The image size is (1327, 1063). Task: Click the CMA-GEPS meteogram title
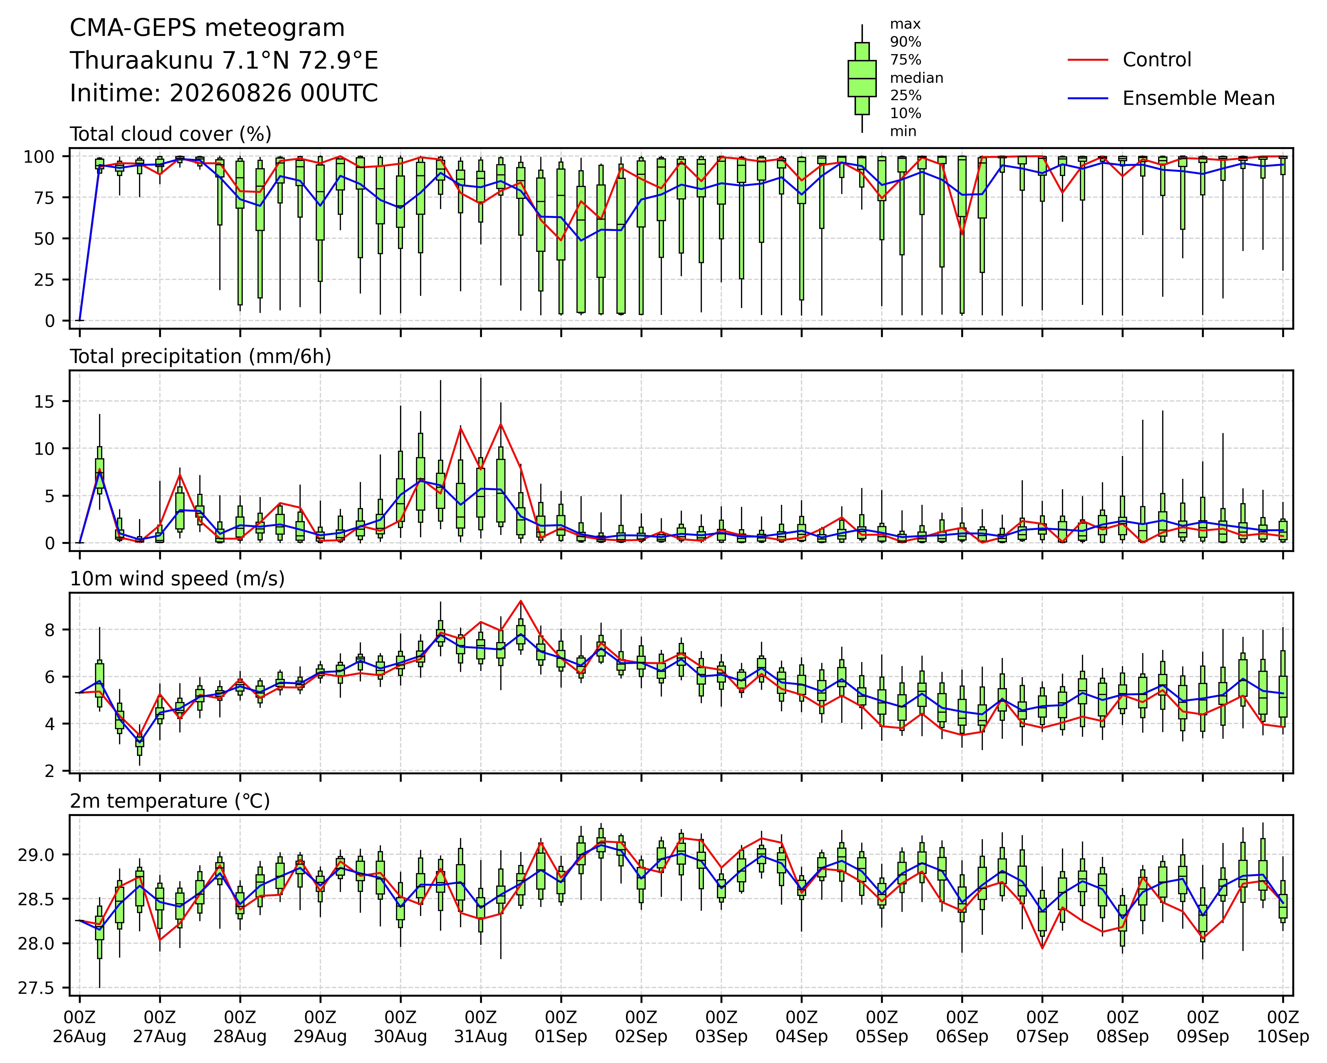(207, 28)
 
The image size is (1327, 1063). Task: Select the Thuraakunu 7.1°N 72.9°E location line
(224, 61)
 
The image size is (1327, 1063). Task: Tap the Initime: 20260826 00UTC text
(224, 94)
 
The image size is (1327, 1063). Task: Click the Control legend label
(1156, 60)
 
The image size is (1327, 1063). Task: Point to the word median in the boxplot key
(917, 78)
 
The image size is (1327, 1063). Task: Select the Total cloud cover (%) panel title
(171, 134)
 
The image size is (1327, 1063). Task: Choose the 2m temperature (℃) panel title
(170, 801)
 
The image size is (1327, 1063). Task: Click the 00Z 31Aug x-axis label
(481, 1027)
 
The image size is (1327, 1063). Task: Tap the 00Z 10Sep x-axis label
(1283, 1027)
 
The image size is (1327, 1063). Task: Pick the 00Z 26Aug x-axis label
(79, 1027)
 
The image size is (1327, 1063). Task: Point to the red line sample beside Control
(1088, 60)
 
